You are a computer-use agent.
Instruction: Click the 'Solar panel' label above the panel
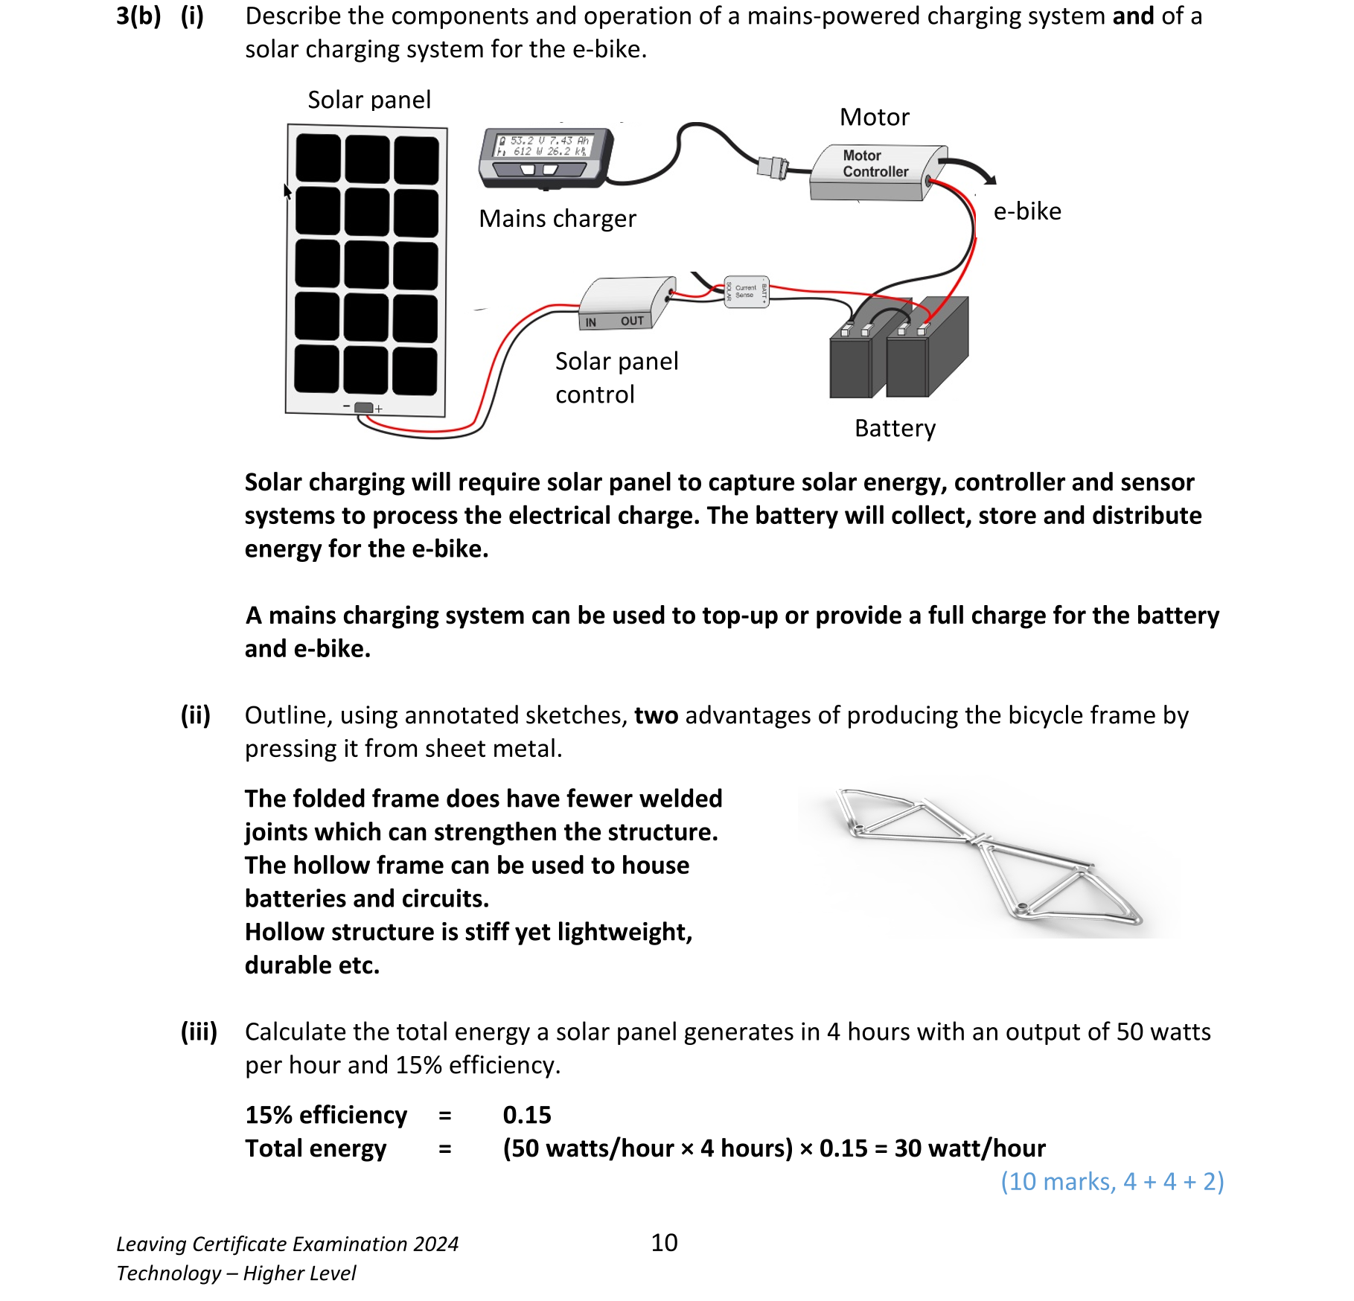click(x=369, y=100)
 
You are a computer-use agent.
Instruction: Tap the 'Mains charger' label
click(x=557, y=219)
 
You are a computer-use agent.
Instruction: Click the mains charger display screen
click(x=544, y=146)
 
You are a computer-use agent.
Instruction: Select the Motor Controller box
click(x=875, y=173)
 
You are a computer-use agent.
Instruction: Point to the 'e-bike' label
click(x=1026, y=211)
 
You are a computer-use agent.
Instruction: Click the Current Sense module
click(x=746, y=291)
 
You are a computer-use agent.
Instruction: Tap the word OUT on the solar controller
click(x=632, y=321)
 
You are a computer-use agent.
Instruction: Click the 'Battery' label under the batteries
click(x=895, y=429)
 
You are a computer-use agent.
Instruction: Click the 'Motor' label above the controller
click(x=874, y=117)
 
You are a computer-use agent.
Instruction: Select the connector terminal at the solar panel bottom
click(x=363, y=408)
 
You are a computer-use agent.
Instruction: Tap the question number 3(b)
click(x=138, y=16)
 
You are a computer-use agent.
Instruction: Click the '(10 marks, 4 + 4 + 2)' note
click(x=1111, y=1181)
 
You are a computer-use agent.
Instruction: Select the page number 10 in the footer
click(x=664, y=1242)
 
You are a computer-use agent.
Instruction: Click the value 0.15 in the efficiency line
click(x=527, y=1115)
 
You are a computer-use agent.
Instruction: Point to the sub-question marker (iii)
click(x=199, y=1032)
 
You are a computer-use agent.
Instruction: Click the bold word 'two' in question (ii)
click(x=656, y=715)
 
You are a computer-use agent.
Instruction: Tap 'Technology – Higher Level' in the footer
click(x=236, y=1273)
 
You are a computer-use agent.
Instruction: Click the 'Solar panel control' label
click(x=616, y=377)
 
